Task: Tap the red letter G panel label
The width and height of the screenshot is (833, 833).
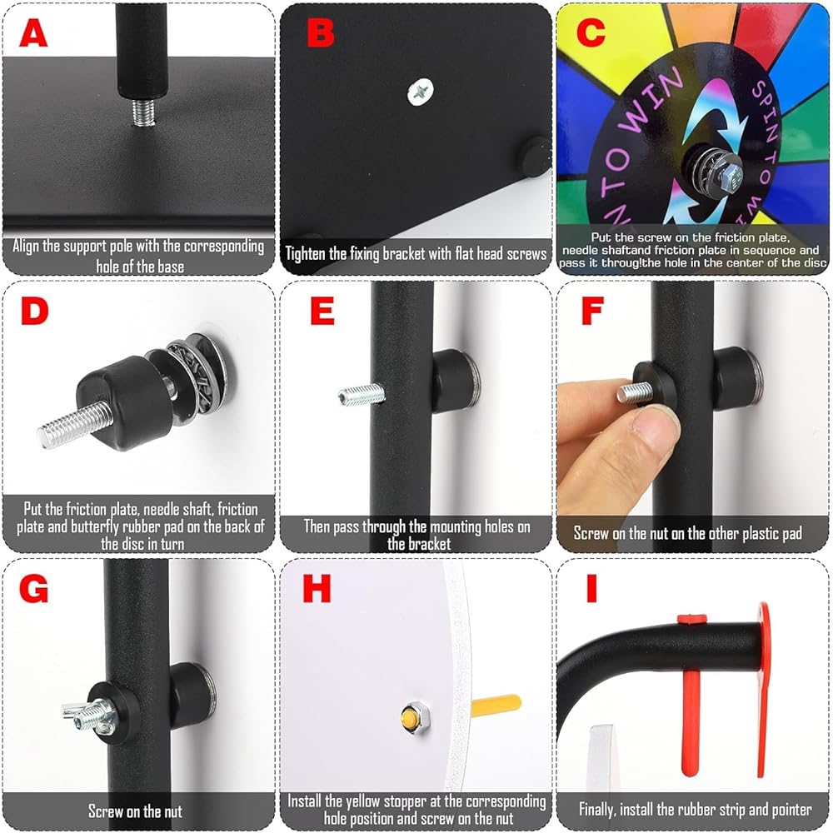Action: (x=33, y=588)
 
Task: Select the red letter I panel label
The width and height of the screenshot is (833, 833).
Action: (x=591, y=588)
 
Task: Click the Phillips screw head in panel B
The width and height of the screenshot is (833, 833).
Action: (x=420, y=92)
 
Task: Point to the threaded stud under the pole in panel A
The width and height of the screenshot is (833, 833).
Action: (x=143, y=112)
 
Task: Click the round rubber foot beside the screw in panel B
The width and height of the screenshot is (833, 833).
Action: (x=536, y=157)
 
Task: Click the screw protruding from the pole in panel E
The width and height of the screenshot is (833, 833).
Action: (x=362, y=395)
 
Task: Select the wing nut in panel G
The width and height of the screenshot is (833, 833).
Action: (x=90, y=716)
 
